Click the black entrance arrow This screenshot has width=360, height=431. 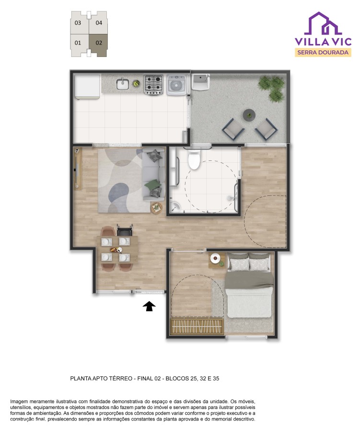(x=149, y=306)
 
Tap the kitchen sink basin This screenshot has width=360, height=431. (x=123, y=84)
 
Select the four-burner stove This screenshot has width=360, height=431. (x=153, y=84)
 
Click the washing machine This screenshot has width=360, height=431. (x=176, y=85)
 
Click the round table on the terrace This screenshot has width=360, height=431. (x=249, y=115)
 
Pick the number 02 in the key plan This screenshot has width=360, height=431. (x=99, y=43)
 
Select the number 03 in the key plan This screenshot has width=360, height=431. (x=78, y=23)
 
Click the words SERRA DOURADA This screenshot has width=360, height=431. (x=323, y=52)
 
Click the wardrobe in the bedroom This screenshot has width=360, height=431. (x=196, y=326)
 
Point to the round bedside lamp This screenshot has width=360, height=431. (x=215, y=258)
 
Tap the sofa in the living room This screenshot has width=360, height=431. (x=154, y=174)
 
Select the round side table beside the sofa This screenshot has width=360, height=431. (x=156, y=208)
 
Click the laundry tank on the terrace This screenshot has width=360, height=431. (x=200, y=82)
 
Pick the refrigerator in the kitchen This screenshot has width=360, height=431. (x=87, y=87)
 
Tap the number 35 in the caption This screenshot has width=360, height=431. (x=216, y=378)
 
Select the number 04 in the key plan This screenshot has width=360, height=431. (x=99, y=23)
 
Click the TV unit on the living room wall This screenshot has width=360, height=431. (x=77, y=169)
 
